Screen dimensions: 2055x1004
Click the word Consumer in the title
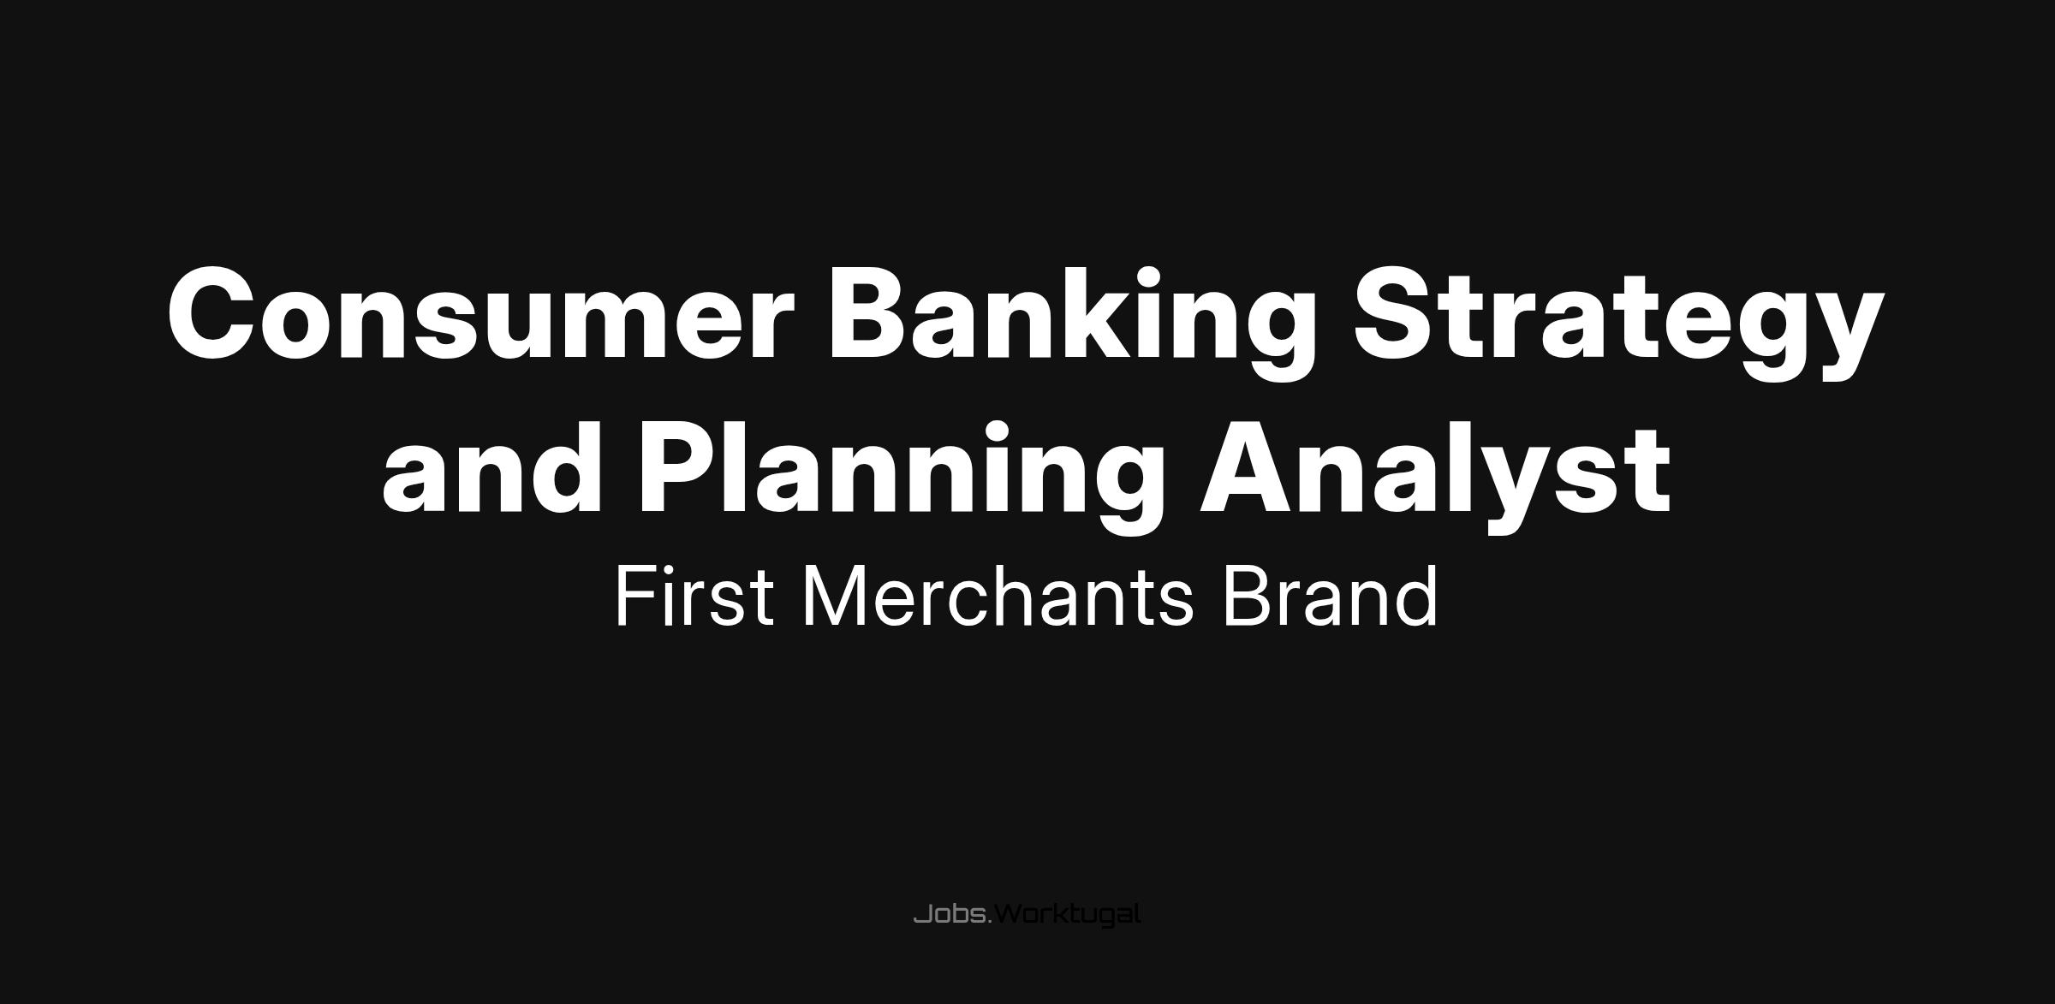click(x=474, y=315)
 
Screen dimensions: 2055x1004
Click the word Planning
click(x=902, y=476)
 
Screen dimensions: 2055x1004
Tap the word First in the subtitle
click(x=694, y=597)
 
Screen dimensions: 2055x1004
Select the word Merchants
click(x=998, y=597)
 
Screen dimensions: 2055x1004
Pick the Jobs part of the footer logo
click(x=950, y=915)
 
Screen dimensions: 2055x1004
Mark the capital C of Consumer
click(x=214, y=315)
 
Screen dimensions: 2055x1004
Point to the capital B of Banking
click(x=868, y=315)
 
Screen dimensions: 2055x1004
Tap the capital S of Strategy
click(x=1397, y=315)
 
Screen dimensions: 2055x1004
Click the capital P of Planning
click(x=677, y=468)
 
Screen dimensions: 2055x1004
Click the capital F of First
click(x=635, y=597)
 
